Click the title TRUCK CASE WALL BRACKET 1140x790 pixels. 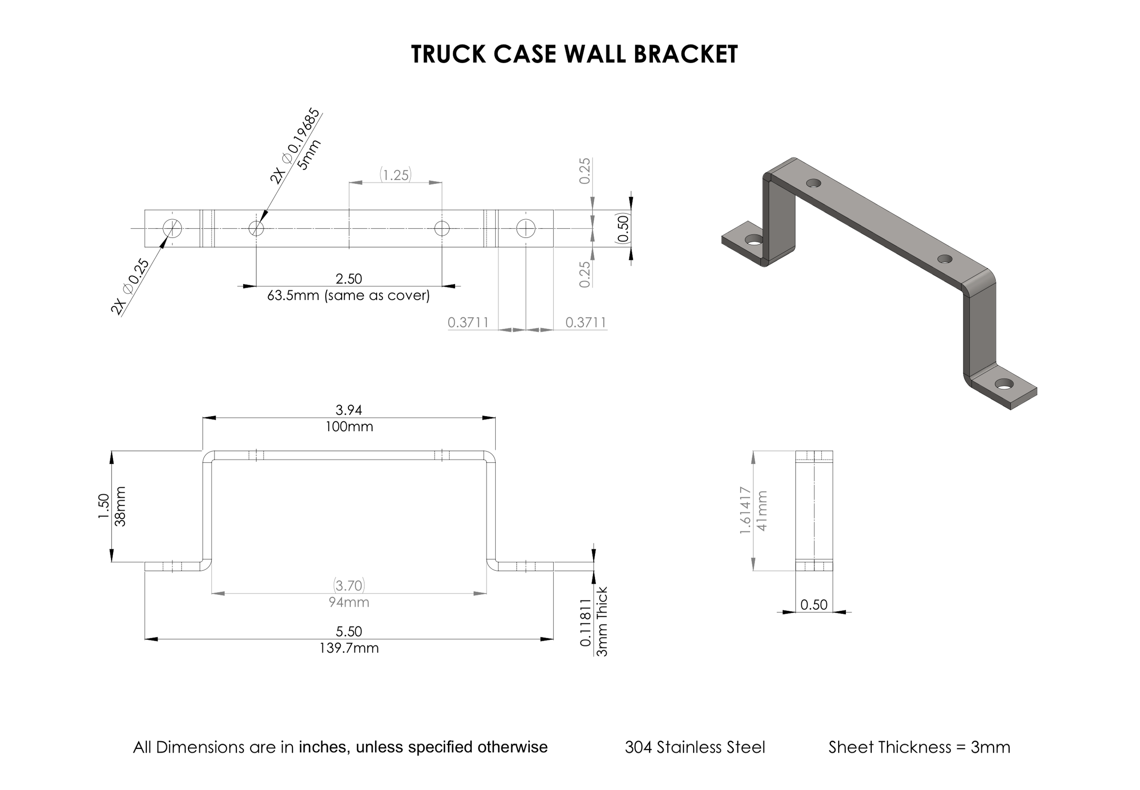coord(574,54)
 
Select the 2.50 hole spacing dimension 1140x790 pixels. coord(348,279)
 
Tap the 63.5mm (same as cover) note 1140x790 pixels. coord(348,295)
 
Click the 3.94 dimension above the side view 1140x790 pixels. coord(348,410)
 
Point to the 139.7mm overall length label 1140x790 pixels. coord(348,648)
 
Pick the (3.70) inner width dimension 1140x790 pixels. coord(348,586)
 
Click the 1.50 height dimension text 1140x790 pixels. coord(104,506)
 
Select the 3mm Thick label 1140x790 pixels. coord(602,621)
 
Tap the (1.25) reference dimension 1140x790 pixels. coord(395,175)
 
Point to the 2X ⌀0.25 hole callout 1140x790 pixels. coord(130,287)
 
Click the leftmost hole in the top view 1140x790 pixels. coord(172,228)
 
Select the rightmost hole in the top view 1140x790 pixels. coord(525,228)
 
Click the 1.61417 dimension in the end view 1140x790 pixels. coord(746,511)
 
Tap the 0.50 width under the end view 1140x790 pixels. coord(814,604)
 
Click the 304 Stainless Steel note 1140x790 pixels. coord(694,747)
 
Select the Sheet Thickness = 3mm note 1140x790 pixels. coord(919,747)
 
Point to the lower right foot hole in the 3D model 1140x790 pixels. coord(1003,384)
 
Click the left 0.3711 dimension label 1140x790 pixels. coord(468,322)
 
